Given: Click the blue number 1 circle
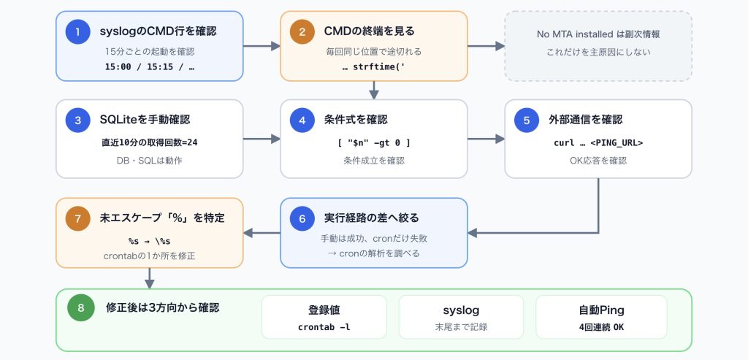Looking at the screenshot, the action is (77, 32).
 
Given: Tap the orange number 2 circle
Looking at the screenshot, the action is (302, 32).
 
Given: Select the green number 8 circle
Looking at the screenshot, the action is (80, 308).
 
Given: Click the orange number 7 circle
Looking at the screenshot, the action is (77, 219).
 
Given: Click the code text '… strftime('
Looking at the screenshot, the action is (373, 66).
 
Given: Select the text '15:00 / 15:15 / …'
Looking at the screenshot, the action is (149, 66).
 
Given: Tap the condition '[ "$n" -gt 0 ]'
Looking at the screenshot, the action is (373, 142).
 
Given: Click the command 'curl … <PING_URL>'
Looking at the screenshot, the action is (598, 142).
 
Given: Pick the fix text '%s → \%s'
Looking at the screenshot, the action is (149, 241).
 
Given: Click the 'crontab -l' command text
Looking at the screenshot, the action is (324, 327).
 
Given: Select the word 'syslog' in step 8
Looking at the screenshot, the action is (461, 310).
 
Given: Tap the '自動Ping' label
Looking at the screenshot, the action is (601, 310).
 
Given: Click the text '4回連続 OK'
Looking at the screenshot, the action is (601, 327).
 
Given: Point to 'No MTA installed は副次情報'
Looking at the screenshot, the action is (598, 34).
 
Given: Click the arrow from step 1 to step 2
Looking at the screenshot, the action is (262, 46).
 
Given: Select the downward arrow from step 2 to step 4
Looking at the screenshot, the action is (374, 90).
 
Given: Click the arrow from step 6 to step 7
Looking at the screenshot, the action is (262, 233).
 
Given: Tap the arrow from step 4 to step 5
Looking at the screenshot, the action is (486, 139).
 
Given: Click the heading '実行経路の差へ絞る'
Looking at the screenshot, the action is (372, 218).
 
